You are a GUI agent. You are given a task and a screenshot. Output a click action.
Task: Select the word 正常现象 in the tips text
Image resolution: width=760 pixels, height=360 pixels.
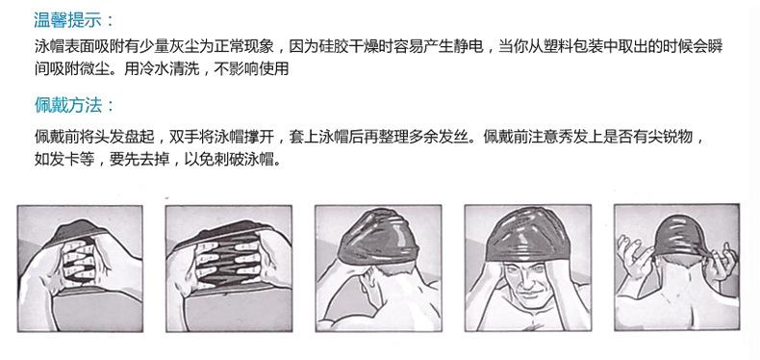pos(249,45)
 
